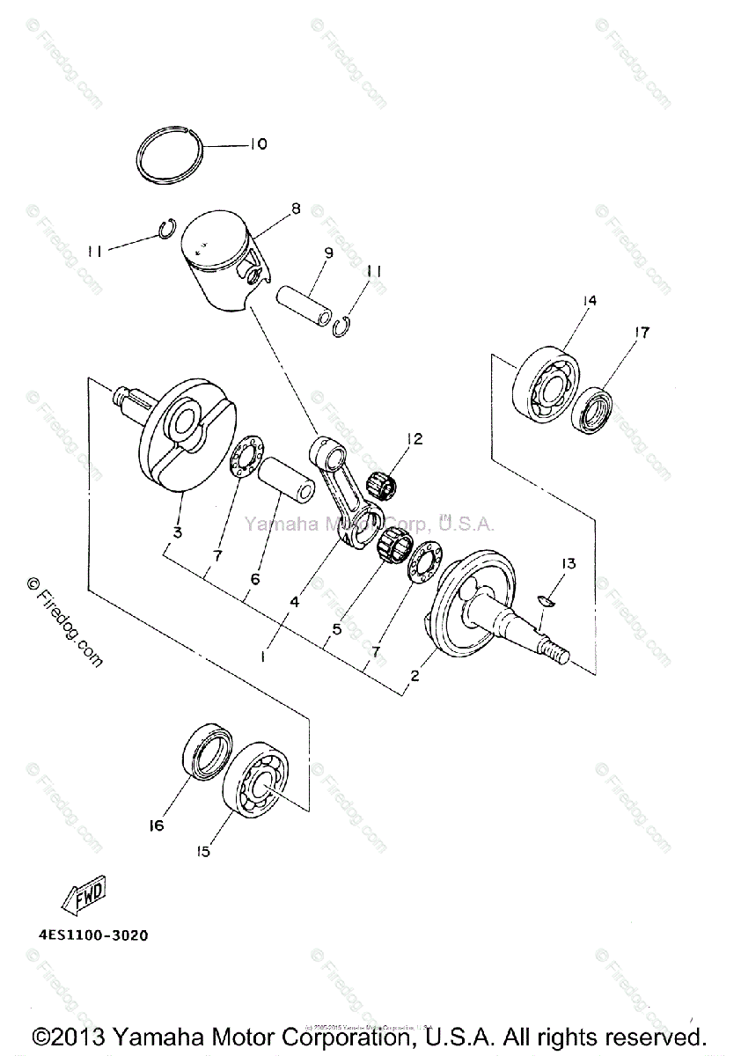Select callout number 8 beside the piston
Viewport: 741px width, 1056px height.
click(296, 209)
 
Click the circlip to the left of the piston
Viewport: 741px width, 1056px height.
click(167, 231)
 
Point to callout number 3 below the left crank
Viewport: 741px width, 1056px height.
click(178, 533)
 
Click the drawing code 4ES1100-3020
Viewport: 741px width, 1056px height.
click(93, 935)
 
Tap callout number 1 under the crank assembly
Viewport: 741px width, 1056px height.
click(262, 656)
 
